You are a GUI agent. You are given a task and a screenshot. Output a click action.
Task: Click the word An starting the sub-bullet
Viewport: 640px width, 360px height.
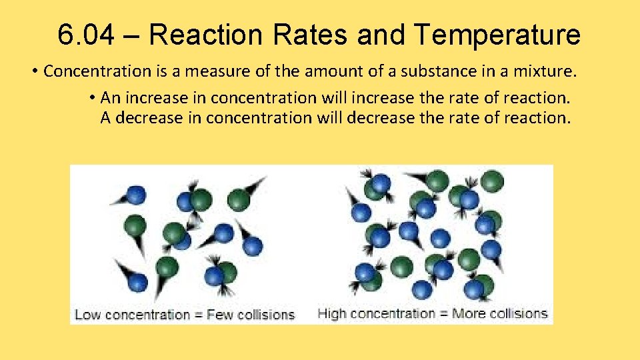coord(109,98)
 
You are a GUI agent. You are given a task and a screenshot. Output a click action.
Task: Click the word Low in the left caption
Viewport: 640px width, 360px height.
coord(87,314)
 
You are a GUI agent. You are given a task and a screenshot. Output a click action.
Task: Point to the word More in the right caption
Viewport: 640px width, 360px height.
coord(468,313)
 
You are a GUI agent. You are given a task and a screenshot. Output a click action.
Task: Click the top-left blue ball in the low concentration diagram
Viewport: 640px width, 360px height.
coord(136,195)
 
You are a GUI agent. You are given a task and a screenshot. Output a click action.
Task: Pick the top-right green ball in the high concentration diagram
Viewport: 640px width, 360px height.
coord(492,181)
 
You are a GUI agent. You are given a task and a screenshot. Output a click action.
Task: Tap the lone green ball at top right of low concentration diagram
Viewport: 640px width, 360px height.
coord(239,199)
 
